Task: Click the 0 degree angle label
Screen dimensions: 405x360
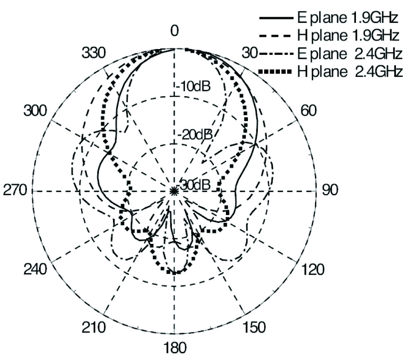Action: pyautogui.click(x=175, y=31)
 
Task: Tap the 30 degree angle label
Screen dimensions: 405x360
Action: pyautogui.click(x=250, y=53)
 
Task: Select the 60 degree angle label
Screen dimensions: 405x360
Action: pyautogui.click(x=308, y=111)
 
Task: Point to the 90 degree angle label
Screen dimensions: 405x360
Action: pyautogui.click(x=330, y=190)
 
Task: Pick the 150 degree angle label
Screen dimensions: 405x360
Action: pyautogui.click(x=254, y=328)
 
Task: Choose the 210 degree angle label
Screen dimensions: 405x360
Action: pyautogui.click(x=94, y=328)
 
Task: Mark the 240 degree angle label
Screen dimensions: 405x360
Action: pyautogui.click(x=36, y=270)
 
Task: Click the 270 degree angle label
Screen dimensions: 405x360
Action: pyautogui.click(x=15, y=190)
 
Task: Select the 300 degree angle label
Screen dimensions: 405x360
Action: pyautogui.click(x=36, y=111)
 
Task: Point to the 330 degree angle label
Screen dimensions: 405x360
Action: pyautogui.click(x=94, y=53)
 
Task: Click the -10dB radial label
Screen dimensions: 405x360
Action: pyautogui.click(x=193, y=86)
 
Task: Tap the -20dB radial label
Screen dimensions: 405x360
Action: pyautogui.click(x=196, y=135)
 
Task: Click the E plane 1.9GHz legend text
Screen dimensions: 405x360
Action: pyautogui.click(x=348, y=18)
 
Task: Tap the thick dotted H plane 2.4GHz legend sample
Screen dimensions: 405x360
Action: pyautogui.click(x=275, y=71)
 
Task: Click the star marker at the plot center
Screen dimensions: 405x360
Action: pyautogui.click(x=174, y=191)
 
